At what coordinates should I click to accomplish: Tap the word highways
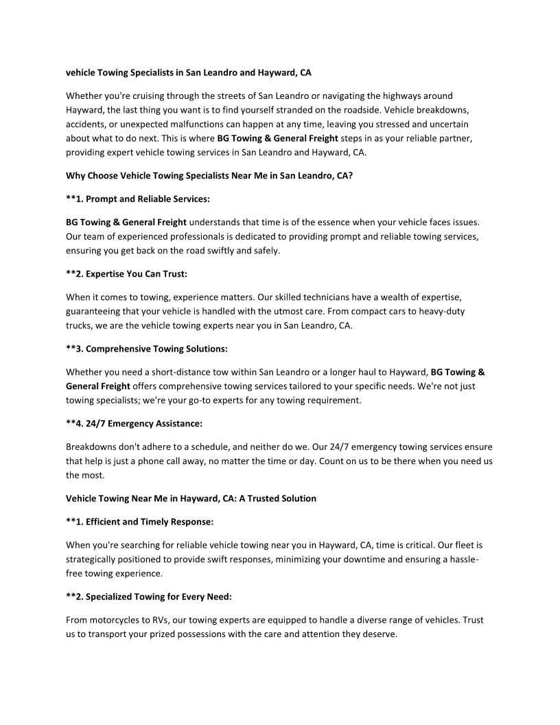(396, 96)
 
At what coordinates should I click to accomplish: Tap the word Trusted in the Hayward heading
(263, 498)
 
